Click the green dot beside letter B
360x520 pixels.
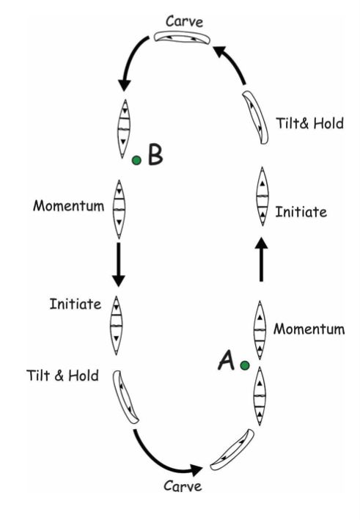click(x=136, y=160)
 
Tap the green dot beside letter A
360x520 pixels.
click(x=245, y=365)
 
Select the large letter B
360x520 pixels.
click(x=155, y=154)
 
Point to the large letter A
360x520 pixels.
click(x=226, y=360)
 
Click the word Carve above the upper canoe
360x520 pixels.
click(x=184, y=21)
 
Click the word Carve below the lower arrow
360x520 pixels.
click(x=183, y=486)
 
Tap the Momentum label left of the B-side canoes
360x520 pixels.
click(x=69, y=206)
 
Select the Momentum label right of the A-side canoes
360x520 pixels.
click(x=309, y=329)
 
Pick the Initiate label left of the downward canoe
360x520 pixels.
click(x=76, y=304)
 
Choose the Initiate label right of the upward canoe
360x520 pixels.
click(x=301, y=212)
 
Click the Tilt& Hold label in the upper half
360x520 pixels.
click(x=309, y=123)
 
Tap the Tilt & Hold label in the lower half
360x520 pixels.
click(x=62, y=376)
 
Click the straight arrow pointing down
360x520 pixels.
click(x=118, y=265)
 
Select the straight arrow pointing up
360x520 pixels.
click(x=262, y=259)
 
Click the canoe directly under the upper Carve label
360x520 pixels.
click(x=182, y=37)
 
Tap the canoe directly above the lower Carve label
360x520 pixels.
click(x=232, y=450)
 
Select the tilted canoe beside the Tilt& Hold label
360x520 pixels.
click(x=255, y=117)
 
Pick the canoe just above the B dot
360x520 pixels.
click(x=124, y=128)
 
